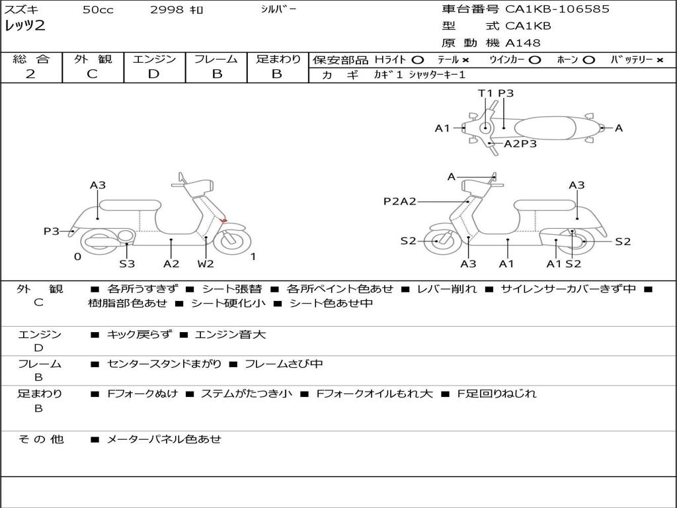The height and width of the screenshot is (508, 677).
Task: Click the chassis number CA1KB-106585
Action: [557, 9]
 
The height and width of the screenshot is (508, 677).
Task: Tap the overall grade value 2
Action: [30, 74]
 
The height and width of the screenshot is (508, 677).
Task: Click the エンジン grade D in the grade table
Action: [153, 74]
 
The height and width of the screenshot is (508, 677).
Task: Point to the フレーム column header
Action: [216, 59]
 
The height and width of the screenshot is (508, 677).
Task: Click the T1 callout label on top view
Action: [485, 93]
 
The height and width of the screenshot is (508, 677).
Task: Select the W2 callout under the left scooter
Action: [206, 263]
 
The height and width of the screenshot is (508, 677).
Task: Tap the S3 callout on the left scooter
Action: [127, 263]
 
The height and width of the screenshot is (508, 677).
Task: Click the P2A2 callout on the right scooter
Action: [400, 201]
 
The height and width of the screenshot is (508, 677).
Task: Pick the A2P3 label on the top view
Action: [520, 144]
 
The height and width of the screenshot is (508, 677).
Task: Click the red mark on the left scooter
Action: [223, 221]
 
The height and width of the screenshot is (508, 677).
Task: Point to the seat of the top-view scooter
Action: [545, 128]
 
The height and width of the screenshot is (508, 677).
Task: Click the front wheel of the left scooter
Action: [232, 241]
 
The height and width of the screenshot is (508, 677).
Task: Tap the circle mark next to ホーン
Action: [588, 60]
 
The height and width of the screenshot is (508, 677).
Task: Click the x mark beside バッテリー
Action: [660, 60]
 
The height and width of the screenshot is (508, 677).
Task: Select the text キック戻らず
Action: [139, 335]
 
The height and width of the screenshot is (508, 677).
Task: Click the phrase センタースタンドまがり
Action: [164, 364]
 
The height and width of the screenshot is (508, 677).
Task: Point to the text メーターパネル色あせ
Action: [164, 439]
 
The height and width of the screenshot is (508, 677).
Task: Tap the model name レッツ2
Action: [24, 26]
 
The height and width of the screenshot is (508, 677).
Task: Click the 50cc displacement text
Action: [98, 9]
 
